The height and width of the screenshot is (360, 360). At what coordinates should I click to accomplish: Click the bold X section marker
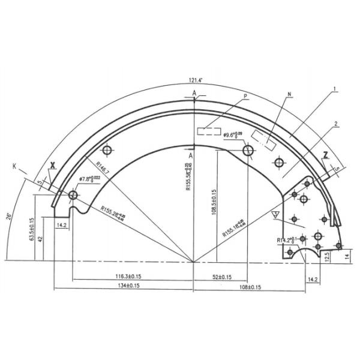point(53,165)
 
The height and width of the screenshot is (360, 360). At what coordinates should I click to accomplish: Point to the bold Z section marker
point(325,155)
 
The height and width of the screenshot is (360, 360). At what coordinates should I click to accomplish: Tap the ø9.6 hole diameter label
point(232,135)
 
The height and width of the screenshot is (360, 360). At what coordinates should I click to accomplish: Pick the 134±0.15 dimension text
point(127,286)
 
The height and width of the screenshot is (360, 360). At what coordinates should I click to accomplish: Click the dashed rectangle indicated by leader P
point(209,130)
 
